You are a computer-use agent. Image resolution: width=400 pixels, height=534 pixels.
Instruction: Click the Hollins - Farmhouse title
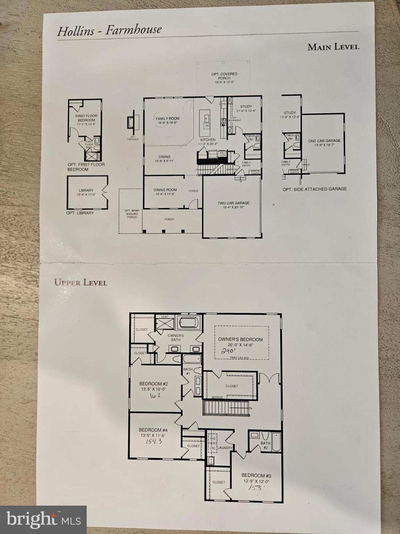pyautogui.click(x=109, y=30)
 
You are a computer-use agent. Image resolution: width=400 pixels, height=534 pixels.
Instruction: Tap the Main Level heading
pyautogui.click(x=333, y=47)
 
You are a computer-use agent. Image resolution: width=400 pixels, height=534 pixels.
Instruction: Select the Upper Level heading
pyautogui.click(x=81, y=282)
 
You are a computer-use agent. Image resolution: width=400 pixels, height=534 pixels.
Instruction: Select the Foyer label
pyautogui.click(x=193, y=191)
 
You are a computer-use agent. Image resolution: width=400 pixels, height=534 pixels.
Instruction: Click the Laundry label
pyautogui.click(x=225, y=448)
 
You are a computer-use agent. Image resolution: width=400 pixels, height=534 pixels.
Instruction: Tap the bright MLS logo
pyautogui.click(x=43, y=519)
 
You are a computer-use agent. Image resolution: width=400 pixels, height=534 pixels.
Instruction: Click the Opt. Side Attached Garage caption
pyautogui.click(x=315, y=189)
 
